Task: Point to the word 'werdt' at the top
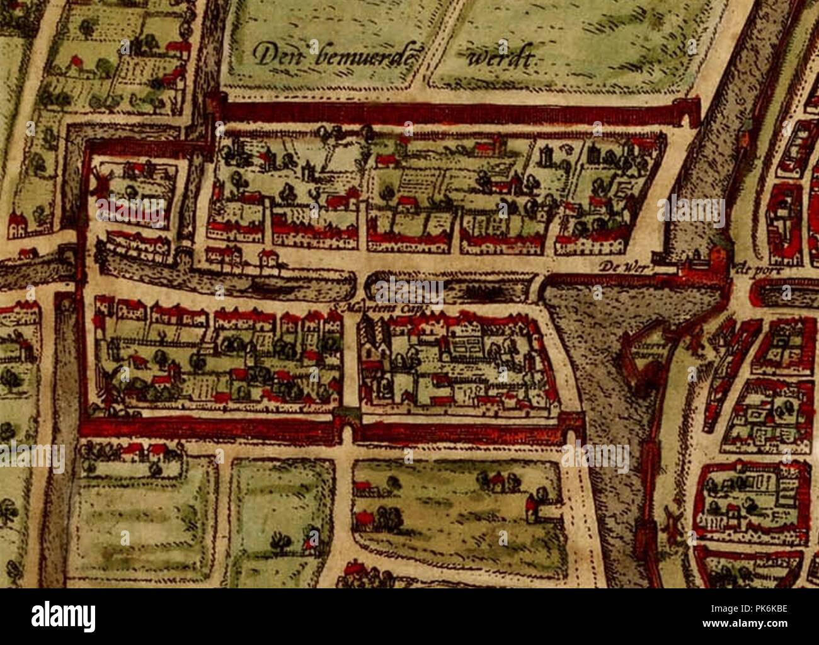[x=501, y=59]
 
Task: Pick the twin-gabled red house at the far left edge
[x=18, y=223]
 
